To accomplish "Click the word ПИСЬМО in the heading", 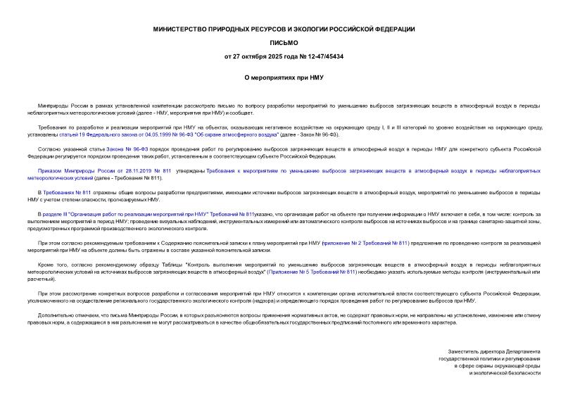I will coord(284,43).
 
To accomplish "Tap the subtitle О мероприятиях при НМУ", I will coord(284,78).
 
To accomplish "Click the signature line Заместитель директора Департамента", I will coord(494,351).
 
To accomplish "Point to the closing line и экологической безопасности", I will coord(505,372).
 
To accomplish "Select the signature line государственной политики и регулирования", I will coord(490,358).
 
